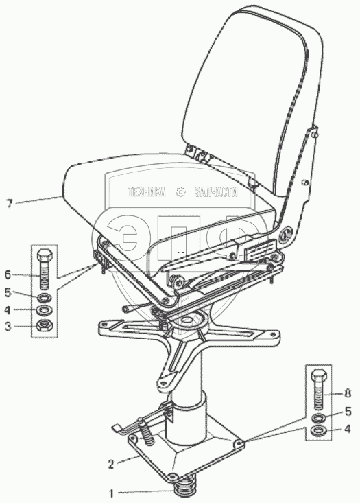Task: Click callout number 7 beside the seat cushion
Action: tap(10, 203)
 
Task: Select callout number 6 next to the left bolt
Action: tap(8, 274)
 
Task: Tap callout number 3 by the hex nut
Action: tap(8, 327)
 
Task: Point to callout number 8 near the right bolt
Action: tap(348, 393)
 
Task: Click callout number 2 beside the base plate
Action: tap(111, 464)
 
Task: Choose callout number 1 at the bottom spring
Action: tap(111, 493)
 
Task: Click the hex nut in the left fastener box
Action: tap(45, 326)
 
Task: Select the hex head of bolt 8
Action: tap(319, 375)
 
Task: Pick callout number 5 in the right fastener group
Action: tap(348, 412)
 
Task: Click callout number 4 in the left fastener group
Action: tap(8, 310)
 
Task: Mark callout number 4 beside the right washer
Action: tap(348, 429)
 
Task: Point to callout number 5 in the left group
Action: tap(8, 292)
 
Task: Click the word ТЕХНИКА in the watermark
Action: tap(147, 192)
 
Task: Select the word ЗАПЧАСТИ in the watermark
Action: tap(217, 192)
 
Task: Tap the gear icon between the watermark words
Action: tap(181, 192)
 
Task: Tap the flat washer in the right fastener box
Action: tap(319, 430)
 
